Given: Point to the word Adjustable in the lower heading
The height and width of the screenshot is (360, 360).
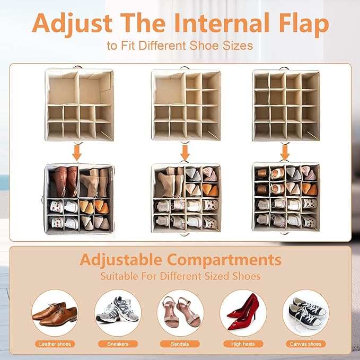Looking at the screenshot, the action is (121, 260).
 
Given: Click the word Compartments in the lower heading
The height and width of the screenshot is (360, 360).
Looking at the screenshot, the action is (224, 260).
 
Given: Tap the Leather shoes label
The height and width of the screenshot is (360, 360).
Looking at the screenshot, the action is (55, 344).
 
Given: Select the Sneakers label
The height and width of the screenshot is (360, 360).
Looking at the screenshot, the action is (118, 344).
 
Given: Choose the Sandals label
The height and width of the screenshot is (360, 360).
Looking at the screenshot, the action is (180, 344).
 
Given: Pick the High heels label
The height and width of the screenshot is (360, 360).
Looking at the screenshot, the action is (243, 344).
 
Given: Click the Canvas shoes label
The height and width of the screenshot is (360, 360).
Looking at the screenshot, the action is (305, 344).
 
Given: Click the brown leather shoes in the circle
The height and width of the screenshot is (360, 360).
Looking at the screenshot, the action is (55, 314).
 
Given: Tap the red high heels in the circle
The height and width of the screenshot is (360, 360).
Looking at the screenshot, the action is (243, 312).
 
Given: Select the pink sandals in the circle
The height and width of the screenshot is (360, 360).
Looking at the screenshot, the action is (180, 312).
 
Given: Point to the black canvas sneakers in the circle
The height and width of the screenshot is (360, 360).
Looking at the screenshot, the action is (306, 313).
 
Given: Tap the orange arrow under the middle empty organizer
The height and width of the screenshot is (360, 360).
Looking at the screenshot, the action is (185, 152).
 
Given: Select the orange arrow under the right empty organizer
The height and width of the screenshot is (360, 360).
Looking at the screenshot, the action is (285, 152).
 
